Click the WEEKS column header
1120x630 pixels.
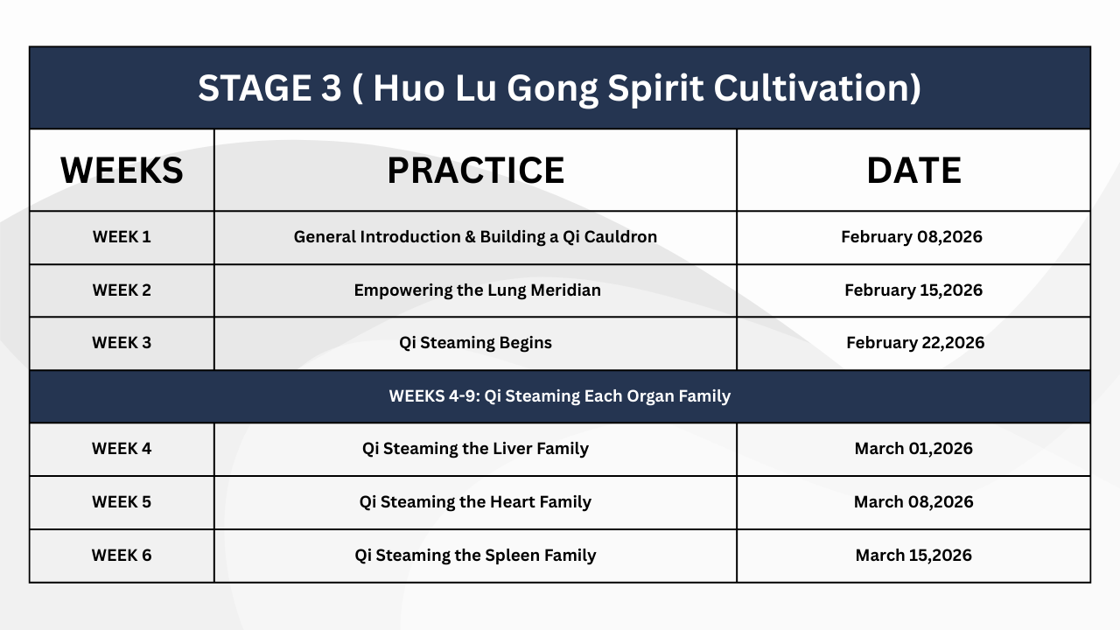pyautogui.click(x=122, y=170)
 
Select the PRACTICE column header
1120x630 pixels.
pyautogui.click(x=475, y=170)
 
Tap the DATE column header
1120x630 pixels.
pyautogui.click(x=913, y=170)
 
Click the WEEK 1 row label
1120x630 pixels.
pyautogui.click(x=122, y=236)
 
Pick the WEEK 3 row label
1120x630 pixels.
pyautogui.click(x=122, y=342)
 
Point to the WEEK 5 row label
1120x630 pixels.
pyautogui.click(x=122, y=501)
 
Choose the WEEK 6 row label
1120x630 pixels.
pyautogui.click(x=122, y=555)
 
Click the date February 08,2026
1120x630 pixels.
pyautogui.click(x=912, y=236)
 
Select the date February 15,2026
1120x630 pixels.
pyautogui.click(x=913, y=290)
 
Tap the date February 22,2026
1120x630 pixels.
pyautogui.click(x=915, y=342)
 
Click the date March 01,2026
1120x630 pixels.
pyautogui.click(x=913, y=449)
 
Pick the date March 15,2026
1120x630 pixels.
pyautogui.click(x=913, y=555)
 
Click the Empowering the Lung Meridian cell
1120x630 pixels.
pyautogui.click(x=478, y=290)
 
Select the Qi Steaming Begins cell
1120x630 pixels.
pyautogui.click(x=475, y=342)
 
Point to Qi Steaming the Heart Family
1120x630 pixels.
pyautogui.click(x=475, y=501)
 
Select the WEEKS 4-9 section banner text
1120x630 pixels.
pyautogui.click(x=560, y=396)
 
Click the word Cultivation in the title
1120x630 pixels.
pyautogui.click(x=817, y=88)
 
